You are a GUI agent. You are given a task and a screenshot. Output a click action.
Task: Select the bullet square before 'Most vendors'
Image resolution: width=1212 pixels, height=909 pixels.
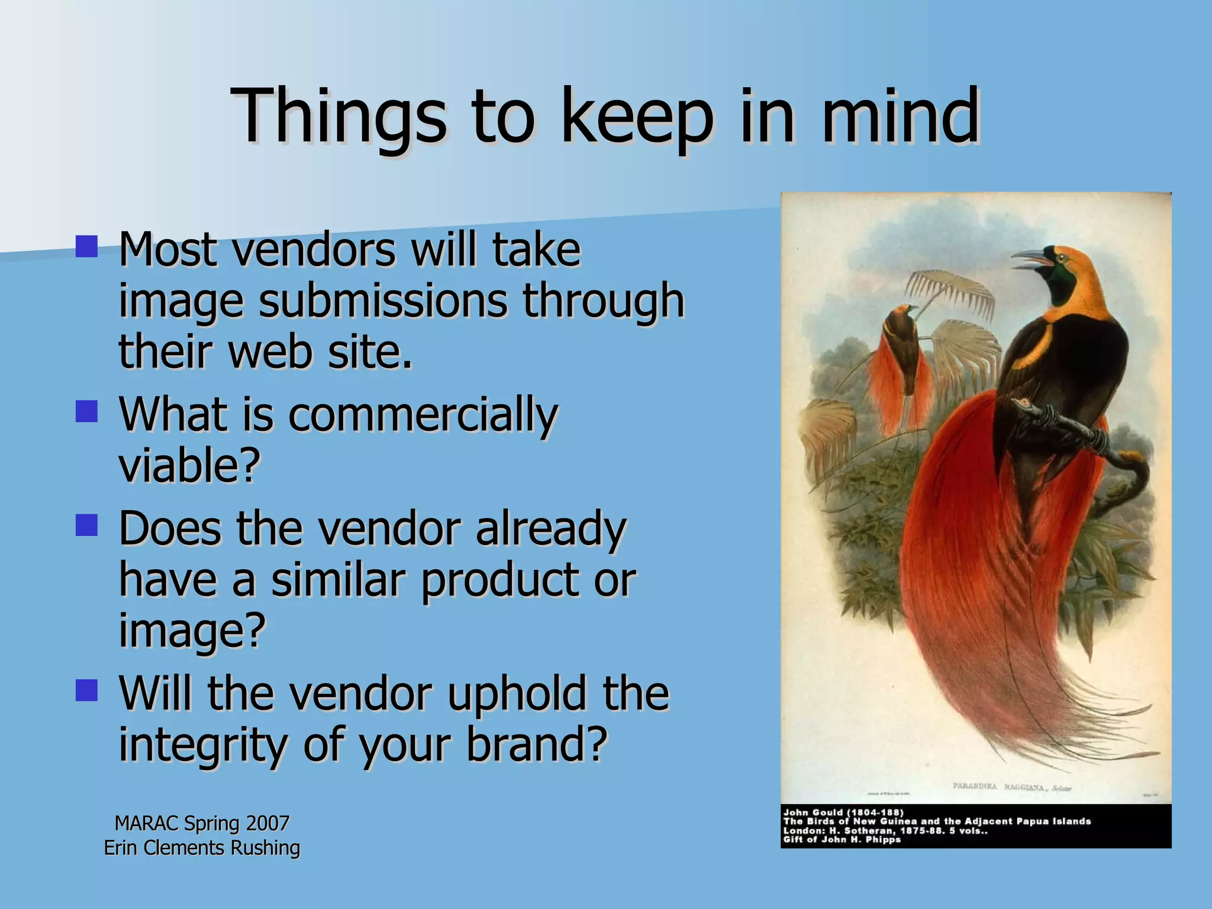[86, 246]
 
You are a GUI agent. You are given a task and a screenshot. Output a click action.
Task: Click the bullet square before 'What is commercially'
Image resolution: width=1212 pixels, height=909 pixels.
[86, 411]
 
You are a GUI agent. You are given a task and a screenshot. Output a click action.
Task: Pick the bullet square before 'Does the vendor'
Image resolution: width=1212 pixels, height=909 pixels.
[86, 525]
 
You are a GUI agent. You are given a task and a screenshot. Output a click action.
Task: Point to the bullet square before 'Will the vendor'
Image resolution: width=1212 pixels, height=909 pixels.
[86, 690]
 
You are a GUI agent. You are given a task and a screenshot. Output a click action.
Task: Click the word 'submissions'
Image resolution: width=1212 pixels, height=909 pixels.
[382, 300]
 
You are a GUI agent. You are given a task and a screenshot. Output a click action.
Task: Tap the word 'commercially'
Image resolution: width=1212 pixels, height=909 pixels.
[423, 415]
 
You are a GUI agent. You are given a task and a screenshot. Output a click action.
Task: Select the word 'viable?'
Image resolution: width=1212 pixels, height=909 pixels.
[189, 465]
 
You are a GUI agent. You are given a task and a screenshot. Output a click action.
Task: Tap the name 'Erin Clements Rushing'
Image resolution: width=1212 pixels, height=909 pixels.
[202, 847]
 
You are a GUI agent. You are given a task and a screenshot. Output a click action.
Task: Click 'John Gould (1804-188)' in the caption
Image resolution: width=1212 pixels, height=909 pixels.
[843, 813]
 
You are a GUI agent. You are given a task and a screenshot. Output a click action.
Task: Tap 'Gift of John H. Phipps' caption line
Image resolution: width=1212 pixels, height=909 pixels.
[842, 839]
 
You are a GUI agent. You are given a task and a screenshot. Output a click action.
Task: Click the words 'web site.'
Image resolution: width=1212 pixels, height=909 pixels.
[320, 352]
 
